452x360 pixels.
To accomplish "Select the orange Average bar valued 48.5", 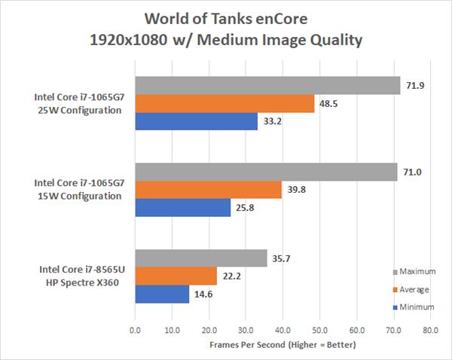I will [x=224, y=104].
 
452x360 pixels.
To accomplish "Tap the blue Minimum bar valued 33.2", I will [x=196, y=121].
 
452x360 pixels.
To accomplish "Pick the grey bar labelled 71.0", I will [x=266, y=172].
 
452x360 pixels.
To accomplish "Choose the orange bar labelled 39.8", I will [x=208, y=190].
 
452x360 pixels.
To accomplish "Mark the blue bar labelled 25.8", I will [x=182, y=207].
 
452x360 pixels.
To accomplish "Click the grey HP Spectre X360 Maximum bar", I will [x=201, y=258].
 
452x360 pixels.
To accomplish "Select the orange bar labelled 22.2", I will [x=176, y=276].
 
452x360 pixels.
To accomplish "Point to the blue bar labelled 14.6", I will [x=162, y=293].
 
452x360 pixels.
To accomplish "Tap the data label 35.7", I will [x=281, y=258].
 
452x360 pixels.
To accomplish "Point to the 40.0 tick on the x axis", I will [x=282, y=330].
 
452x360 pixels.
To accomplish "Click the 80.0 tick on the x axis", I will [x=430, y=330].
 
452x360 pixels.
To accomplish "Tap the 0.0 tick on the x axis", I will [x=135, y=330].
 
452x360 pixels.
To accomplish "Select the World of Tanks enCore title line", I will [x=225, y=17].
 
